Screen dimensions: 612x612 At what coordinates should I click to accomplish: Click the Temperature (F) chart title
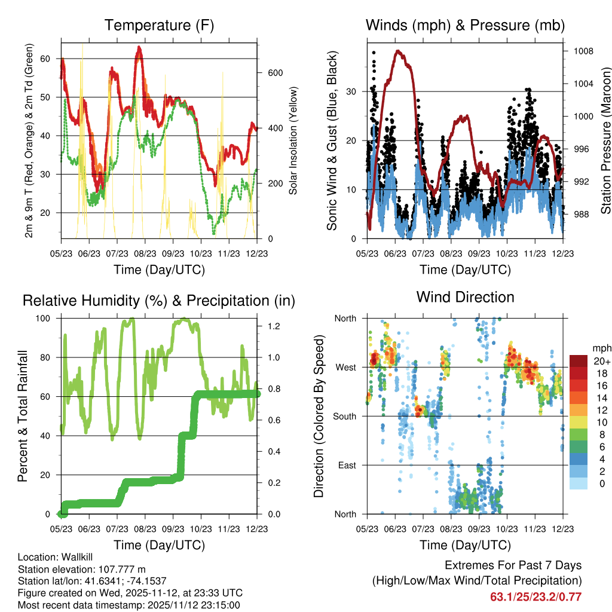pyautogui.click(x=159, y=25)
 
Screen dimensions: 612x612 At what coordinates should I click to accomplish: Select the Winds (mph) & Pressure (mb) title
pyautogui.click(x=465, y=25)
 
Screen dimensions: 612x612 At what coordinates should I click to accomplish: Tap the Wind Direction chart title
pyautogui.click(x=465, y=296)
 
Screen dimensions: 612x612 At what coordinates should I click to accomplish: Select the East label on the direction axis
pyautogui.click(x=347, y=465)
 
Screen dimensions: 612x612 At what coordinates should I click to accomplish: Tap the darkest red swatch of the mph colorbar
pyautogui.click(x=579, y=360)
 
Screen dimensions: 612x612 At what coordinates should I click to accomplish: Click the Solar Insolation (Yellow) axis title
pyautogui.click(x=293, y=141)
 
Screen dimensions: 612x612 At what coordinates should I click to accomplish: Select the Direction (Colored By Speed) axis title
pyautogui.click(x=319, y=417)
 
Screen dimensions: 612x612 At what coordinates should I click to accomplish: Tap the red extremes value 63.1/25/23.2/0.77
pyautogui.click(x=535, y=596)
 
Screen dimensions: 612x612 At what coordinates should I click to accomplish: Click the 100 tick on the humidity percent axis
pyautogui.click(x=50, y=319)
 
